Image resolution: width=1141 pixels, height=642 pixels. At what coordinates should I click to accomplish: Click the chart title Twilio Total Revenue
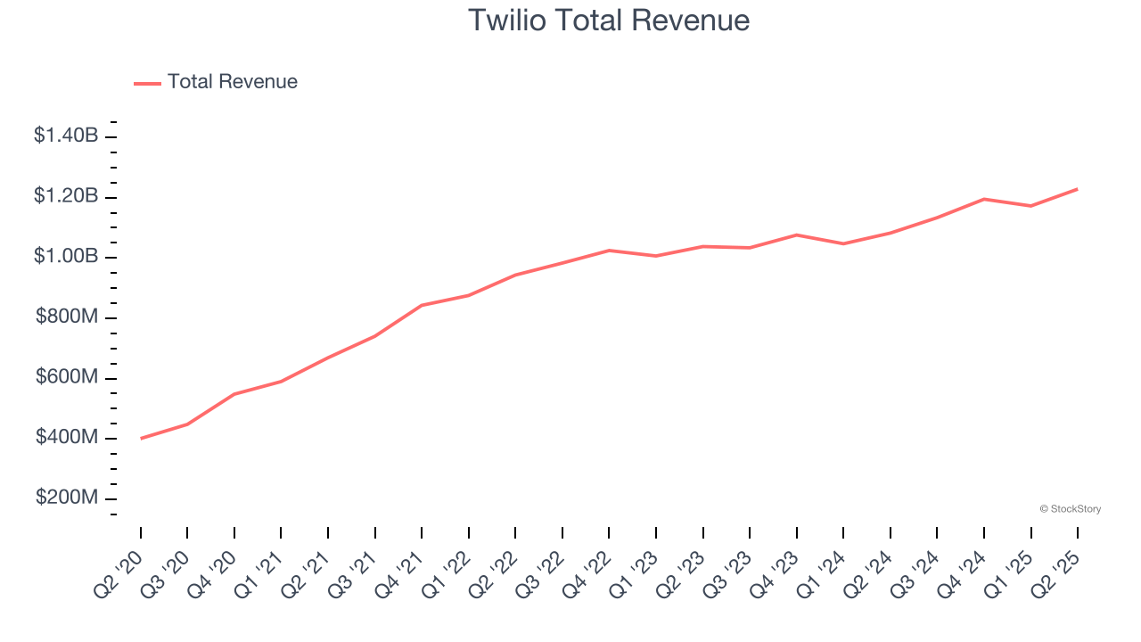(609, 20)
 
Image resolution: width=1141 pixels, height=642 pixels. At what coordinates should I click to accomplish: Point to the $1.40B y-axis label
(66, 136)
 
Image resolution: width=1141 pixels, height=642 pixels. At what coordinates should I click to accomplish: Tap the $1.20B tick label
(66, 196)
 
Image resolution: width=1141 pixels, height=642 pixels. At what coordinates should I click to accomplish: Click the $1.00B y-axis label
(66, 257)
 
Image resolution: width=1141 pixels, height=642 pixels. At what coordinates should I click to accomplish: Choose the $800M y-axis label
(68, 317)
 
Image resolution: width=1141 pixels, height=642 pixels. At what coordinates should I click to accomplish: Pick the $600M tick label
(68, 377)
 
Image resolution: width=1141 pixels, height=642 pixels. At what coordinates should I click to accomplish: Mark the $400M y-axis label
(68, 438)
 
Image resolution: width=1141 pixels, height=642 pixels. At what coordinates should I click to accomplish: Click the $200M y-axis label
(68, 498)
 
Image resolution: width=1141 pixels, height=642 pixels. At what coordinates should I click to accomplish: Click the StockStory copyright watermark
(1070, 509)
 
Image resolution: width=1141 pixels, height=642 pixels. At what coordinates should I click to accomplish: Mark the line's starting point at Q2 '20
(141, 439)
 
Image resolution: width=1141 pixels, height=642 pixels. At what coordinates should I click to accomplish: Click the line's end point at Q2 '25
(1078, 189)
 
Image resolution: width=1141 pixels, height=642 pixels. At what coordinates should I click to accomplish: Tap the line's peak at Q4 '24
(984, 199)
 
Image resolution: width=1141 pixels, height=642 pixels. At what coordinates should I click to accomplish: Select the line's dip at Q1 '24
(843, 243)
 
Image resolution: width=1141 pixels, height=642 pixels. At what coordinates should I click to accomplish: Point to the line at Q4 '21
(422, 305)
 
